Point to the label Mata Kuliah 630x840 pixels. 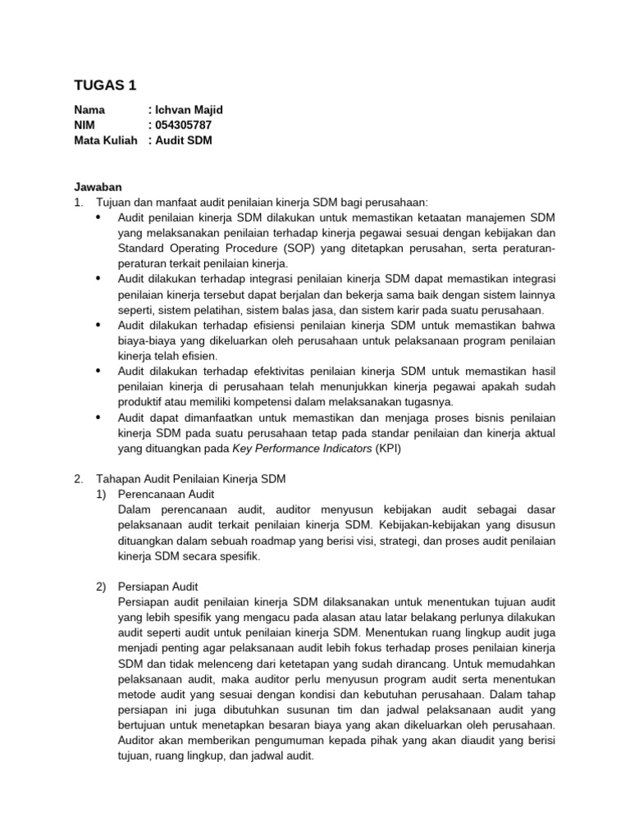pos(106,140)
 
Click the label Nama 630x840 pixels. pos(89,110)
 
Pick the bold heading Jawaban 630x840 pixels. pos(98,187)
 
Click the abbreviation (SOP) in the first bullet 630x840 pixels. pos(299,249)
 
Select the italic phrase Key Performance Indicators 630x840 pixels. pos(303,449)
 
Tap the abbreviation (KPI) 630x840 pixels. pos(390,449)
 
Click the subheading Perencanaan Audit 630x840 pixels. pos(167,494)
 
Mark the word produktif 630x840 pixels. pos(145,402)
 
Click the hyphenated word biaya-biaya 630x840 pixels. pos(147,341)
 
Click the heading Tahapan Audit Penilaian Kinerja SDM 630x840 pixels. pos(190,479)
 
